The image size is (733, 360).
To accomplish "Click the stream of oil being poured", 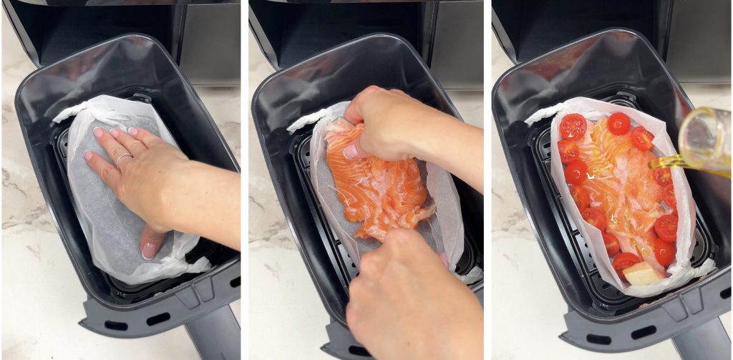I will [x=663, y=163].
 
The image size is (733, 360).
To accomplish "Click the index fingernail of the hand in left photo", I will [x=98, y=132].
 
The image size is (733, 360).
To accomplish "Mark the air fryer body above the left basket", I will [x=107, y=29].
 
